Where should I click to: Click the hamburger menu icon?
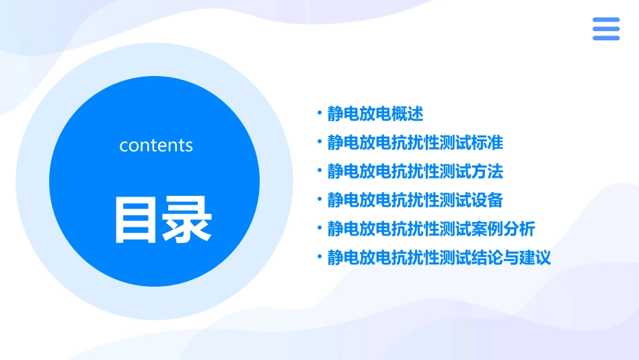[606, 29]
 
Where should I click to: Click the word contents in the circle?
[156, 145]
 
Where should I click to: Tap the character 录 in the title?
[188, 219]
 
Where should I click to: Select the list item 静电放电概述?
[375, 114]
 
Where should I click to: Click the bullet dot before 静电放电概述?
[320, 113]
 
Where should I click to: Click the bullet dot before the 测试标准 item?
[320, 142]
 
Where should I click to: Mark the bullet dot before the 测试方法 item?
[320, 171]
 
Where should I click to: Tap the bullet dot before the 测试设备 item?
[320, 200]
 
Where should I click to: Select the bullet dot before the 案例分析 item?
[320, 229]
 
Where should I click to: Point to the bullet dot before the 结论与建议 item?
[320, 258]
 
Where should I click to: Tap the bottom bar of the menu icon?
[606, 38]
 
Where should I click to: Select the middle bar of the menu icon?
[606, 29]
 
